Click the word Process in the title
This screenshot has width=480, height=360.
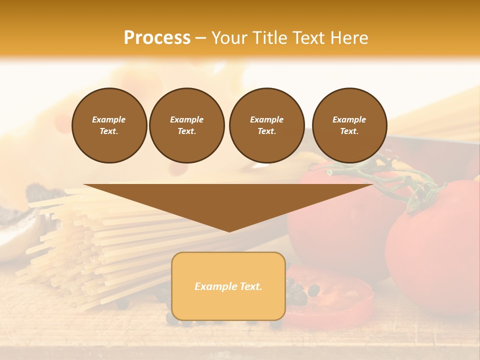tap(157, 38)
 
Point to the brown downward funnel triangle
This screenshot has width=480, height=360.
tap(228, 202)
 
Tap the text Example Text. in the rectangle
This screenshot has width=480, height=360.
tap(228, 286)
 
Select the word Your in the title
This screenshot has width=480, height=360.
tap(229, 38)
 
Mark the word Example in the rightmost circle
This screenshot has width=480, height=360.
tap(349, 119)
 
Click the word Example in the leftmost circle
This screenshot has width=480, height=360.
tap(109, 119)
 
